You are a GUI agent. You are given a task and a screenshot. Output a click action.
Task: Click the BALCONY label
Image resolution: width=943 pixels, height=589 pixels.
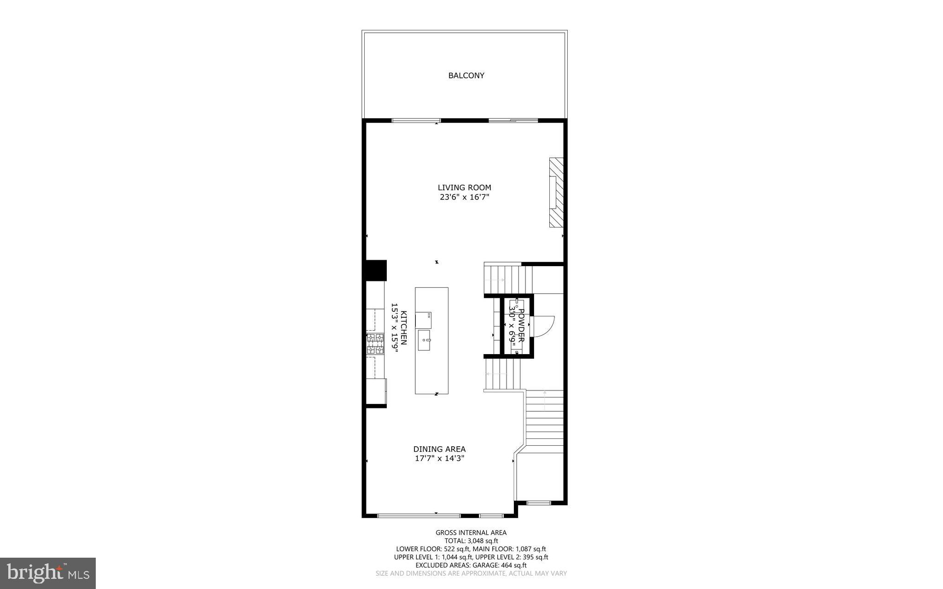466,76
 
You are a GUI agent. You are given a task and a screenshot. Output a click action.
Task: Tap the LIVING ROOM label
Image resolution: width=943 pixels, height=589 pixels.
464,187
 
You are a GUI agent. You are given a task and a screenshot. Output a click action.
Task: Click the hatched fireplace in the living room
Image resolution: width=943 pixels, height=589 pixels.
556,192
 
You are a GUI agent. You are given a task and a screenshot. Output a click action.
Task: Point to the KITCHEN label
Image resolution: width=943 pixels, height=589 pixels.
404,327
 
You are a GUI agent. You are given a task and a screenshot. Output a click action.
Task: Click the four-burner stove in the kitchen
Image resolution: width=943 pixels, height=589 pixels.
375,344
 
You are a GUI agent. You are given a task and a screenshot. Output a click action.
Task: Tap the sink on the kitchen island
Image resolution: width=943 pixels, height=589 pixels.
424,340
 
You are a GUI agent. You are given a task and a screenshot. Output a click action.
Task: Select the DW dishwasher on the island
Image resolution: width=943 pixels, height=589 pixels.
423,320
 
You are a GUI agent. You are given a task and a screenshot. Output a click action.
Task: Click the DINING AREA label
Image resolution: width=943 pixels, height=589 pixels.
439,449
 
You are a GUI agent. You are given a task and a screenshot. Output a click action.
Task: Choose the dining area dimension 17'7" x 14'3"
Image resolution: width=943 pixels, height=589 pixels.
439,459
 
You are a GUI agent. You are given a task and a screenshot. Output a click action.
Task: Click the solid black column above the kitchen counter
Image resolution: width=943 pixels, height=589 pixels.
375,270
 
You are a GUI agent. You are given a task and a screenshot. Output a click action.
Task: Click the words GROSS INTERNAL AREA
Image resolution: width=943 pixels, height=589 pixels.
471,533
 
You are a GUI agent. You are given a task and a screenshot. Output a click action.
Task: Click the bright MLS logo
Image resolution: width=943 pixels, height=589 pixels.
48,573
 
